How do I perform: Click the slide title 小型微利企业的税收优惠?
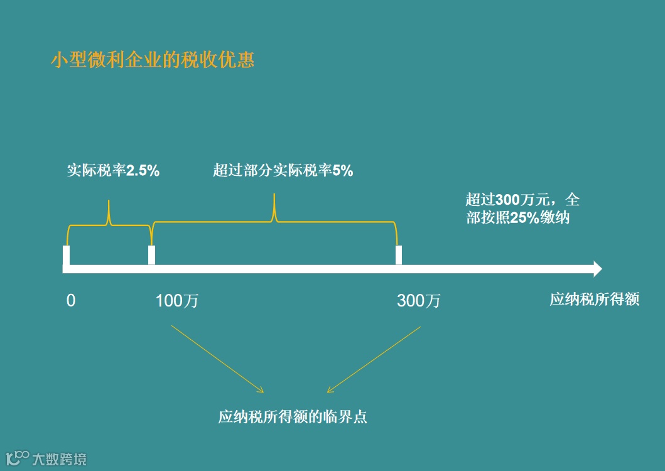click(x=153, y=60)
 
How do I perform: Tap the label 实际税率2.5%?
click(x=113, y=171)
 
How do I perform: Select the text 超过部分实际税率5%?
click(x=283, y=171)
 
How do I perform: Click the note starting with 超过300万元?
click(x=522, y=209)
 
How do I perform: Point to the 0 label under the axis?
click(x=71, y=301)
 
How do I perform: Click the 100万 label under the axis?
click(x=177, y=301)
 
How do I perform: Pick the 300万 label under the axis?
click(x=419, y=301)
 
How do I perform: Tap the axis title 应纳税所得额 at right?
click(x=594, y=300)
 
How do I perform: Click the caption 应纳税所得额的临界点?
click(x=293, y=417)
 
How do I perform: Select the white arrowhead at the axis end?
click(x=597, y=269)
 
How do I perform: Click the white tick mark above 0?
click(x=67, y=256)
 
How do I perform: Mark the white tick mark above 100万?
click(x=151, y=256)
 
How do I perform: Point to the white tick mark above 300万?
click(x=398, y=256)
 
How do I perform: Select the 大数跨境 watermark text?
click(x=60, y=459)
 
